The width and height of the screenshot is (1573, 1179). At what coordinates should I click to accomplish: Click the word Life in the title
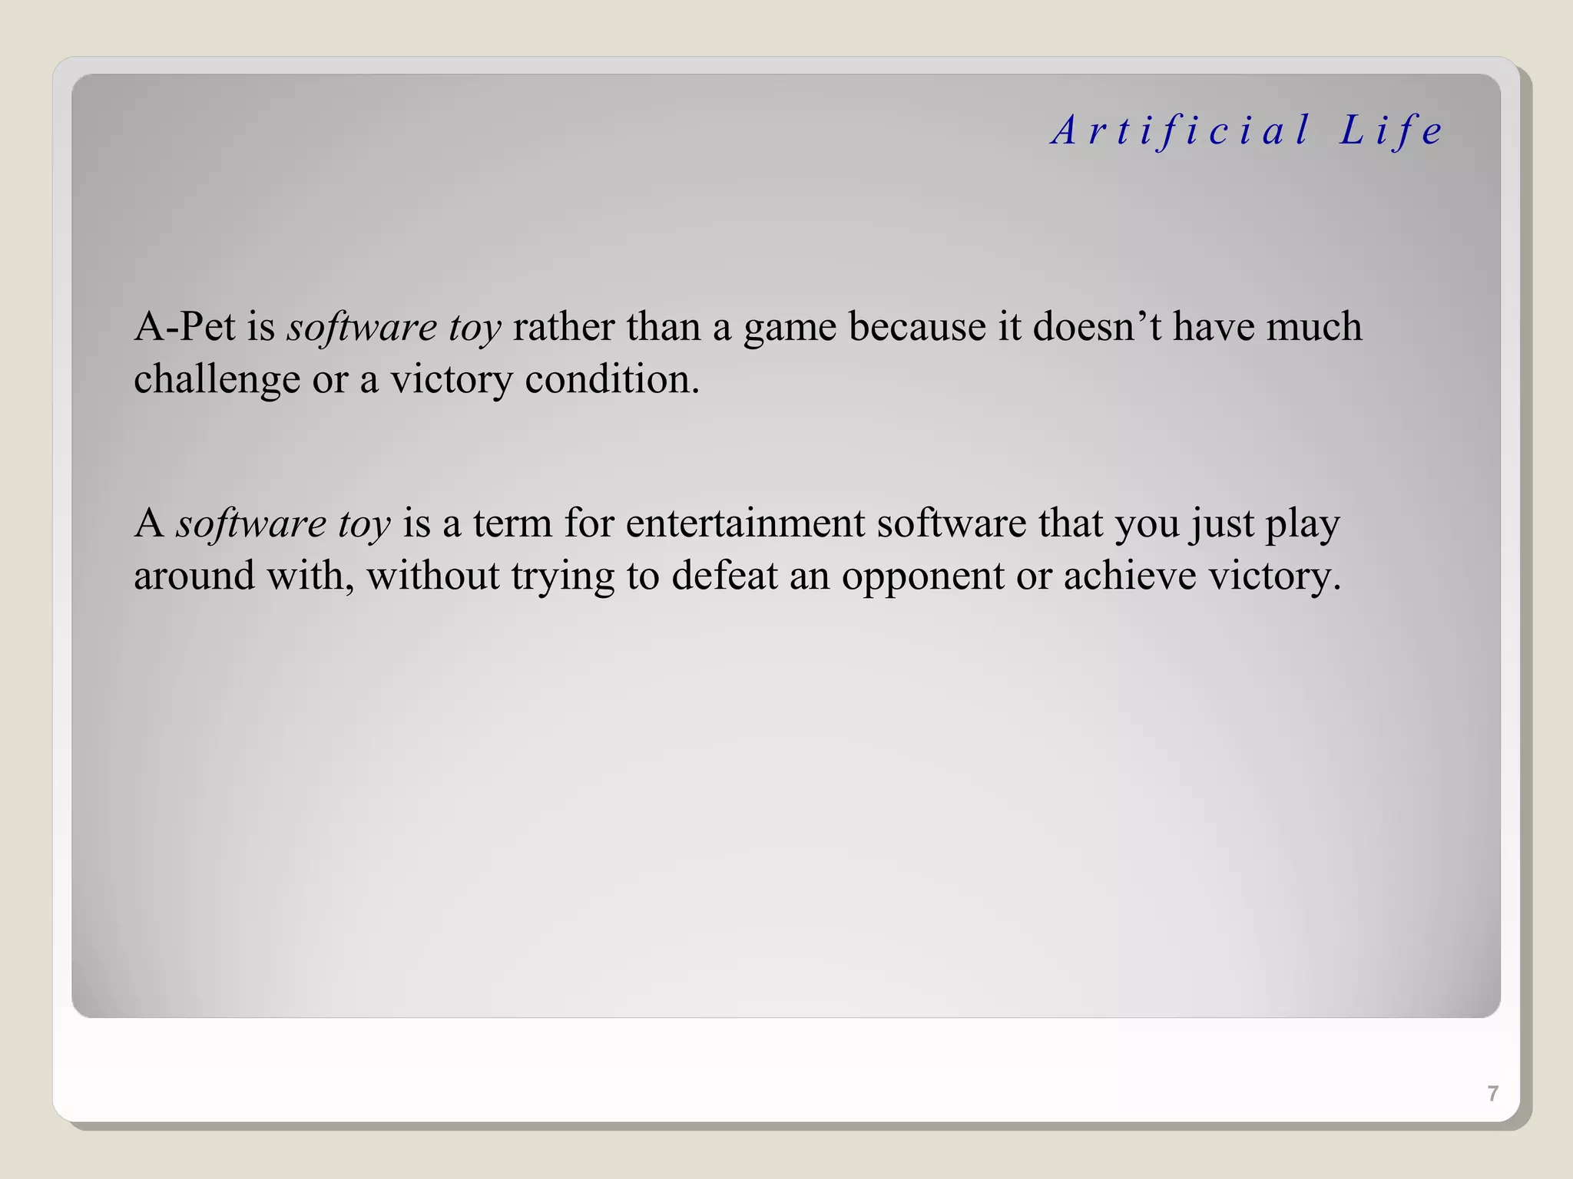(x=1391, y=130)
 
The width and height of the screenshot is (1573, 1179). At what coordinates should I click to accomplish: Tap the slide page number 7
(x=1492, y=1093)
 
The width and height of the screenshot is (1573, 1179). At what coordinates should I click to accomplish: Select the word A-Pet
(x=184, y=327)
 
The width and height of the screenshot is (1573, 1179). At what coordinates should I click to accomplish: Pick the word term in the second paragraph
(x=512, y=524)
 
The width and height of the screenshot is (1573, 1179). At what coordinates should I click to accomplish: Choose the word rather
(x=563, y=327)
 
